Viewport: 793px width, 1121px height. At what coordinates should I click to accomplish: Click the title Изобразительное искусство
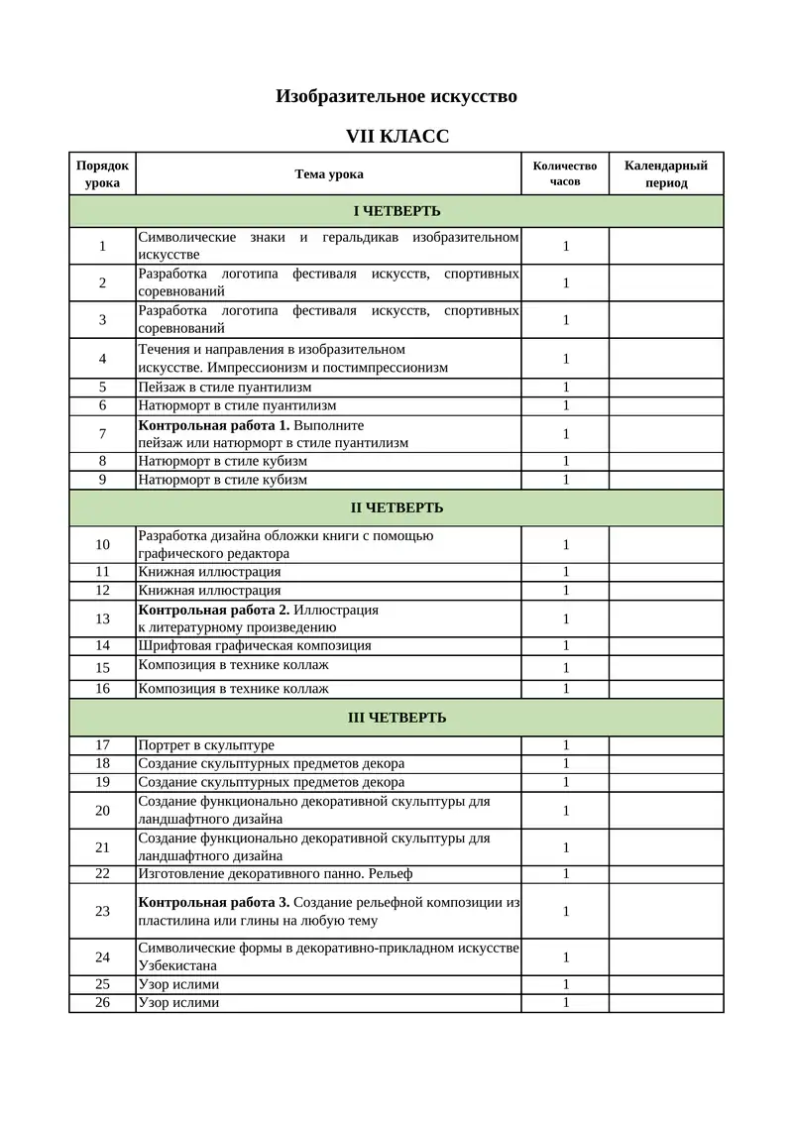pos(396,97)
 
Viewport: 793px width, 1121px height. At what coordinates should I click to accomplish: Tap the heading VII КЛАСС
pos(396,136)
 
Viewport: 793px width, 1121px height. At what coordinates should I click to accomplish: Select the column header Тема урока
pos(329,174)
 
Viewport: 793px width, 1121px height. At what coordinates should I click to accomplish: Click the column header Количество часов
pos(565,173)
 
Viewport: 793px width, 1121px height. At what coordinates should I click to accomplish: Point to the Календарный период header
pos(665,173)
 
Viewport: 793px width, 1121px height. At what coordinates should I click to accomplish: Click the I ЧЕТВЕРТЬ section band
pos(396,211)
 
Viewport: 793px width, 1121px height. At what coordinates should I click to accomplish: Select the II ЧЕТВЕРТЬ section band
pos(396,507)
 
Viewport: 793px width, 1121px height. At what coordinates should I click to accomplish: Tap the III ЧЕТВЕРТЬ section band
pos(396,718)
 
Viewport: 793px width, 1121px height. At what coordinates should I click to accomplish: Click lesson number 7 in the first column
pos(102,434)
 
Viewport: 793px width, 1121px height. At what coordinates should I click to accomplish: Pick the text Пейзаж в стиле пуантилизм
pos(225,388)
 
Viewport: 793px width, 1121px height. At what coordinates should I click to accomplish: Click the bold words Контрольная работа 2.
pos(214,610)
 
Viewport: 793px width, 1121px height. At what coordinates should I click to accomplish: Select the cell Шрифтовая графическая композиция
pos(255,645)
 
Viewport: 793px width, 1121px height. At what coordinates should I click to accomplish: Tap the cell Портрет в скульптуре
pos(206,745)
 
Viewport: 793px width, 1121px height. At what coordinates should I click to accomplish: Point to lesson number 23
pos(102,911)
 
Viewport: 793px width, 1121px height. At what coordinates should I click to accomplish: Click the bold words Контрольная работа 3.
pos(214,902)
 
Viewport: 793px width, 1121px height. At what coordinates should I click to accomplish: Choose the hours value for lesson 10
pos(566,545)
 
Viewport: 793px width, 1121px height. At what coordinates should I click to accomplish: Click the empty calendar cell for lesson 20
pos(665,811)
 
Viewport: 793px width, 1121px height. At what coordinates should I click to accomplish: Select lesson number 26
pos(102,1002)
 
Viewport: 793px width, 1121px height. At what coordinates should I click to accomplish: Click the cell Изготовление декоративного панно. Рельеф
pos(276,874)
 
